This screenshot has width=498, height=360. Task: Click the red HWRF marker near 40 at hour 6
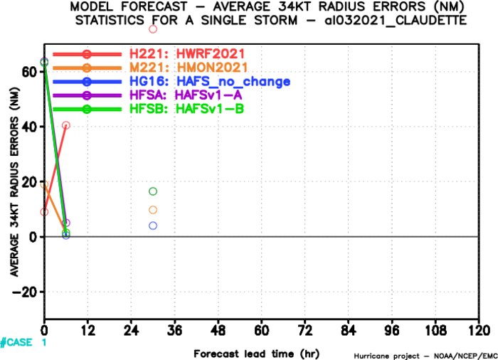[65, 125]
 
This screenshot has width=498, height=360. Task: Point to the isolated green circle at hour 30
[153, 191]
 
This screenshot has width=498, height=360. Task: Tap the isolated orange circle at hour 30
[153, 210]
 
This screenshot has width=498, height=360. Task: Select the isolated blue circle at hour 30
[153, 226]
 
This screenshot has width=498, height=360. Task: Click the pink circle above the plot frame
[153, 29]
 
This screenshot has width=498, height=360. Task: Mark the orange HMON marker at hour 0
[44, 184]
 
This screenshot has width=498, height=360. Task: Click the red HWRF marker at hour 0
[44, 211]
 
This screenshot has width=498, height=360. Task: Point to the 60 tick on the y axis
[28, 72]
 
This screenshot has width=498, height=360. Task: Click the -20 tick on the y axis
[24, 292]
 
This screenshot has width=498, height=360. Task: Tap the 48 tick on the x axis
[218, 331]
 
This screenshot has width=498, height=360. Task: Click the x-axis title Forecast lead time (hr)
[257, 354]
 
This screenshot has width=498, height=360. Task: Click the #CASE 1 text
[23, 342]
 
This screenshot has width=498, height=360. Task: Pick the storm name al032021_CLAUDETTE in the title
[396, 21]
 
